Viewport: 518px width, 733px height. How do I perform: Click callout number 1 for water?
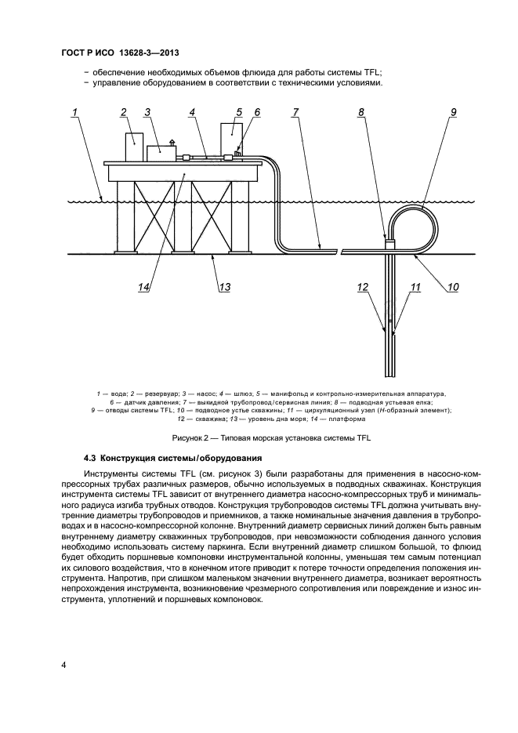point(74,113)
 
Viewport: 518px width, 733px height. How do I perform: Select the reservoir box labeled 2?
point(134,147)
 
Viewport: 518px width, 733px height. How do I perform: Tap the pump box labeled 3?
point(162,151)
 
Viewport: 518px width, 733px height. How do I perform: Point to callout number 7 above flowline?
point(295,113)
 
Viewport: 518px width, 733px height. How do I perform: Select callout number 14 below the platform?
point(144,287)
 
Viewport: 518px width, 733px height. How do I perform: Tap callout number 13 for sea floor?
point(224,287)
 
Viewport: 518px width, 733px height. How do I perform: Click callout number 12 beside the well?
point(362,287)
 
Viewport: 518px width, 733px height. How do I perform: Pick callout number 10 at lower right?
point(452,287)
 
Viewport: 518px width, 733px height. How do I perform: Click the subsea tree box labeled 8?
point(389,243)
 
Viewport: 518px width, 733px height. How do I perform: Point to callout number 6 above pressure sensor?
point(256,113)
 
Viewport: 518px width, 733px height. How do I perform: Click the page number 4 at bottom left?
point(63,666)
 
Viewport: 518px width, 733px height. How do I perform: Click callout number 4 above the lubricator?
point(192,113)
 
